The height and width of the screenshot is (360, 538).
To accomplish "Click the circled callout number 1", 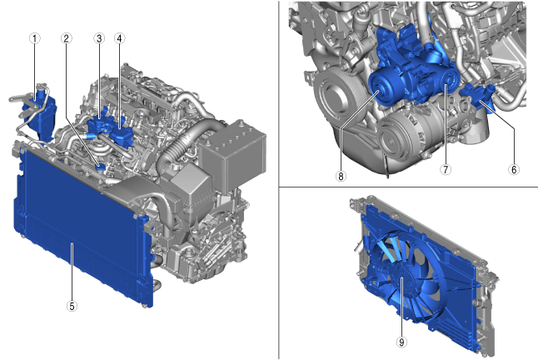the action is coord(34,38).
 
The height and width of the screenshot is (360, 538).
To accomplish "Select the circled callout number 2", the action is coord(67,38).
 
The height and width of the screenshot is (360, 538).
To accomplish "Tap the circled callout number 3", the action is coord(99,38).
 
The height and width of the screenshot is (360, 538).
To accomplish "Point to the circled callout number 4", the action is coord(119,38).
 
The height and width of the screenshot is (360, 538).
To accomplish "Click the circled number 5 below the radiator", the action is coord(72,306).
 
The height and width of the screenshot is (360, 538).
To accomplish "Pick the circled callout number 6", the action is coord(514,169).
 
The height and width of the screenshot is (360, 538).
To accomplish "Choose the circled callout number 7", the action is coord(446,169).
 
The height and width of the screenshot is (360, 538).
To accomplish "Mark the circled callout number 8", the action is coord(341,176).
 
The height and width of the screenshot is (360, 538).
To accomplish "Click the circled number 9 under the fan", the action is coord(401,342).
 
